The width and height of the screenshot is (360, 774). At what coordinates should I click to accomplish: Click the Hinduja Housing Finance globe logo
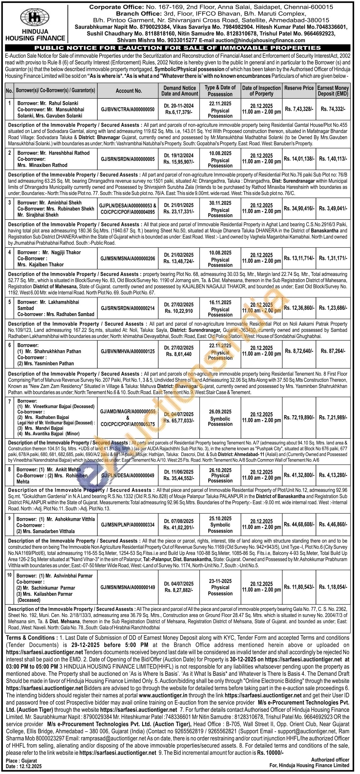[x=35, y=18]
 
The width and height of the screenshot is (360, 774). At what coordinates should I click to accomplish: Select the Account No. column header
[x=129, y=91]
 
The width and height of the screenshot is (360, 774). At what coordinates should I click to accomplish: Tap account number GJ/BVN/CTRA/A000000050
[x=128, y=109]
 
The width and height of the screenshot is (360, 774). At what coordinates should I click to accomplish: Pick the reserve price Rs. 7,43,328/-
[x=299, y=109]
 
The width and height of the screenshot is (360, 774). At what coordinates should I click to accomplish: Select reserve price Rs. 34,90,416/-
[x=299, y=208]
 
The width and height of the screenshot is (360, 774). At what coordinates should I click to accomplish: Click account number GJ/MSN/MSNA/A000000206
[x=128, y=258]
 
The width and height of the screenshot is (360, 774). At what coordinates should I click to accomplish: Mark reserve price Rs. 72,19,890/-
[x=299, y=417]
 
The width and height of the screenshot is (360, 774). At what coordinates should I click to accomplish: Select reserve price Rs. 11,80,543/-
[x=299, y=587]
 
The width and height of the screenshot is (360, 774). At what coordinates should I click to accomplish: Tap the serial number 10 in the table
[x=9, y=575]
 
